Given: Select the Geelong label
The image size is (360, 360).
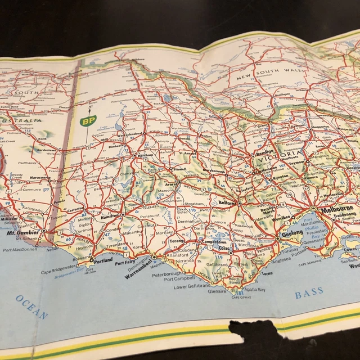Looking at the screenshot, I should tap(292, 232).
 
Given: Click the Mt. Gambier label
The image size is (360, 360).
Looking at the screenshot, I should tap(23, 232).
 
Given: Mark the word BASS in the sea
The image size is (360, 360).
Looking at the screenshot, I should tap(309, 292).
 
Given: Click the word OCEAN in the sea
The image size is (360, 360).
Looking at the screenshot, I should tap(32, 307).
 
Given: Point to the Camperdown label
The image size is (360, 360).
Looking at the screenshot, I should tap(200, 241).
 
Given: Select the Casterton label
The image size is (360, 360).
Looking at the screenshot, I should tap(75, 208).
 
